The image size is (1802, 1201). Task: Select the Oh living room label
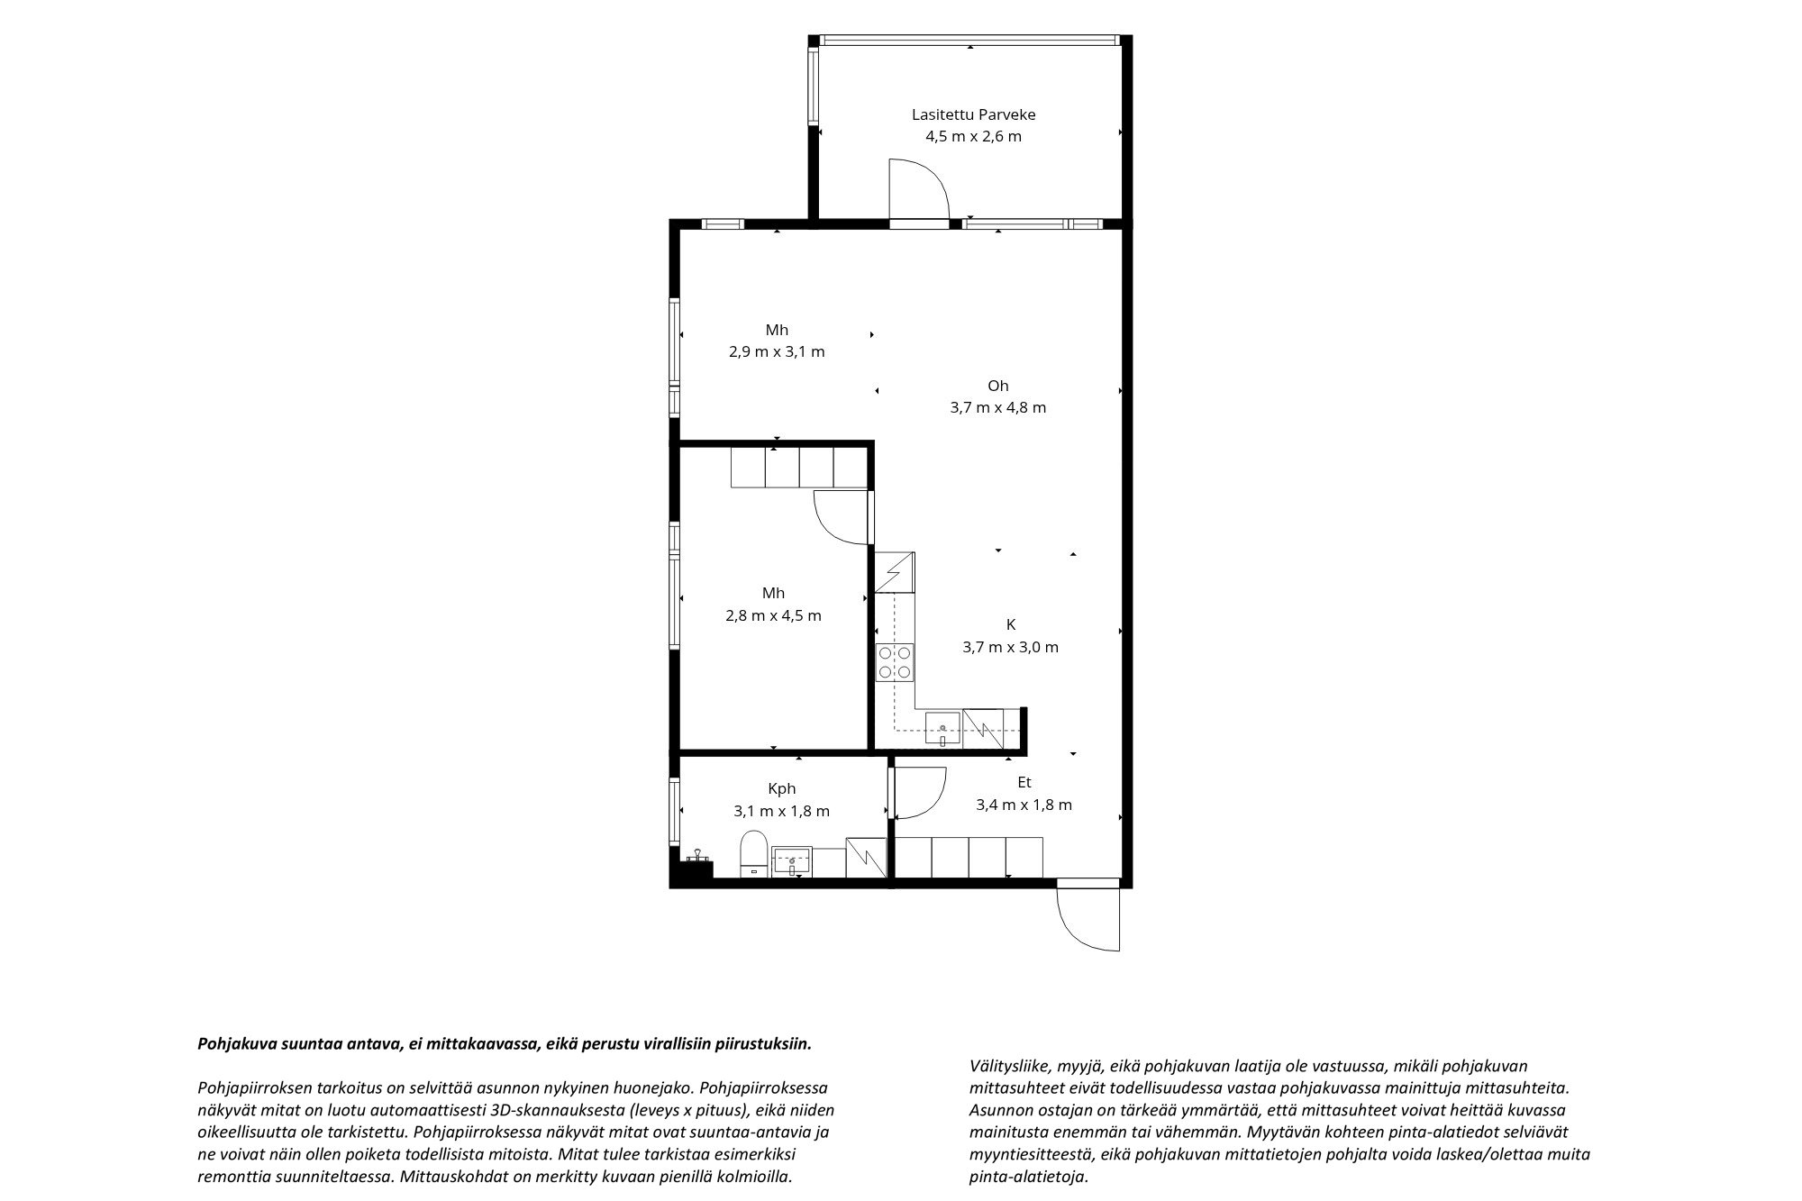click(x=997, y=386)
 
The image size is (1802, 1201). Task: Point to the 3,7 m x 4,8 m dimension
click(x=997, y=407)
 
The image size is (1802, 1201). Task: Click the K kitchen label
click(x=1011, y=624)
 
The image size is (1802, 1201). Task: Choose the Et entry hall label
click(x=1024, y=783)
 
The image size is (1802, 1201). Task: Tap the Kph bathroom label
click(x=781, y=789)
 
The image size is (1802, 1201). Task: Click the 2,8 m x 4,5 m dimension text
click(x=773, y=616)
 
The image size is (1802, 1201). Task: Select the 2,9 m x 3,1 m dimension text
click(x=777, y=352)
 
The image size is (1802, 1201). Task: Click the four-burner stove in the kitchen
click(x=895, y=662)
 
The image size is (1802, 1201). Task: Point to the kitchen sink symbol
click(x=942, y=729)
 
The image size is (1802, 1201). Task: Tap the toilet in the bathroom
click(x=753, y=853)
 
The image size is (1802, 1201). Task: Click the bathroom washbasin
click(x=792, y=861)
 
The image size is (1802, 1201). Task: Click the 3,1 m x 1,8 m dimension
click(x=781, y=811)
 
